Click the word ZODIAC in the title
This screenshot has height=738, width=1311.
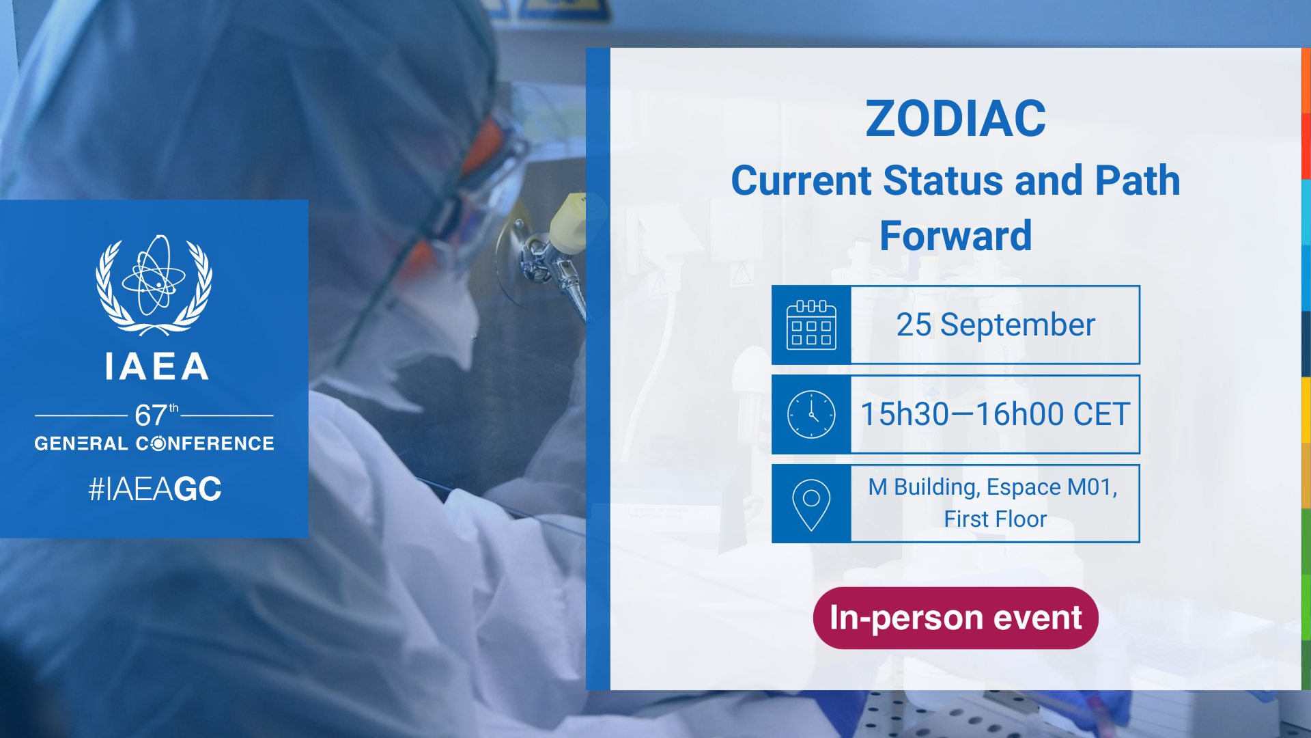(955, 118)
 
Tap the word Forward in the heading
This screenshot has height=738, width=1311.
(955, 236)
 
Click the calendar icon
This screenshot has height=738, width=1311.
(811, 325)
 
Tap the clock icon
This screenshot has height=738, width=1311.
(811, 414)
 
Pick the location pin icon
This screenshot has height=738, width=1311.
(811, 504)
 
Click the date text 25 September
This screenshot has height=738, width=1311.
(996, 325)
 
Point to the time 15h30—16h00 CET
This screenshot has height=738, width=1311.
(995, 414)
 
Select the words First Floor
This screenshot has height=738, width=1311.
(995, 519)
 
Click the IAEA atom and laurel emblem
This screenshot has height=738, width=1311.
(154, 285)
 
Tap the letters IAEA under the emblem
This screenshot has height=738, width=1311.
(156, 366)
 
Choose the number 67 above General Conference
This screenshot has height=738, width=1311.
(150, 415)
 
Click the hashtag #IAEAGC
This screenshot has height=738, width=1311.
(155, 489)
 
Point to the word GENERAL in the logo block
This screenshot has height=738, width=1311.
(81, 443)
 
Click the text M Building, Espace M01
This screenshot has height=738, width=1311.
(993, 487)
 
